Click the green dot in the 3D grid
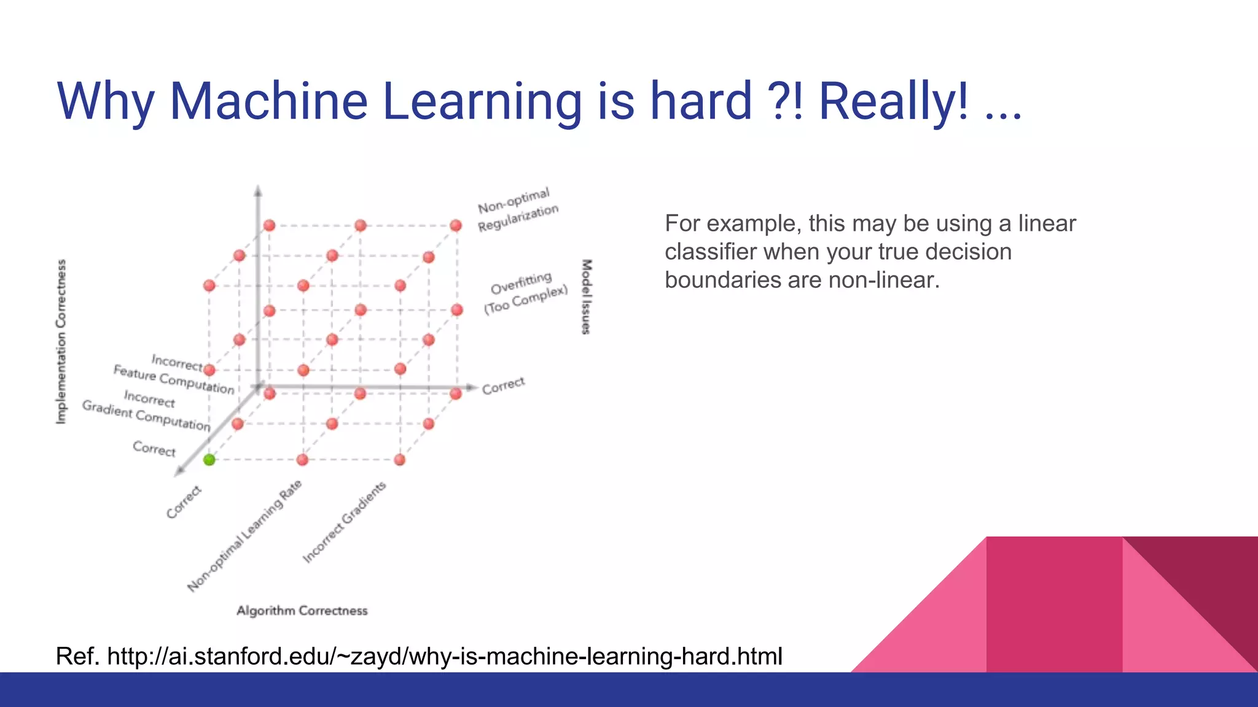(209, 460)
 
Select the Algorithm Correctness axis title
(302, 611)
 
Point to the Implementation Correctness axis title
(61, 341)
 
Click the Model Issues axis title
(587, 296)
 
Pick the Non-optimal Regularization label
(517, 210)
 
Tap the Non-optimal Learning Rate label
(244, 536)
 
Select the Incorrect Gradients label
(344, 522)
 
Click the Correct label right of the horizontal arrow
(503, 385)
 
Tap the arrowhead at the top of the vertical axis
(258, 191)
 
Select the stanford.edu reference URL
(445, 657)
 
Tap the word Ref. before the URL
(77, 657)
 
